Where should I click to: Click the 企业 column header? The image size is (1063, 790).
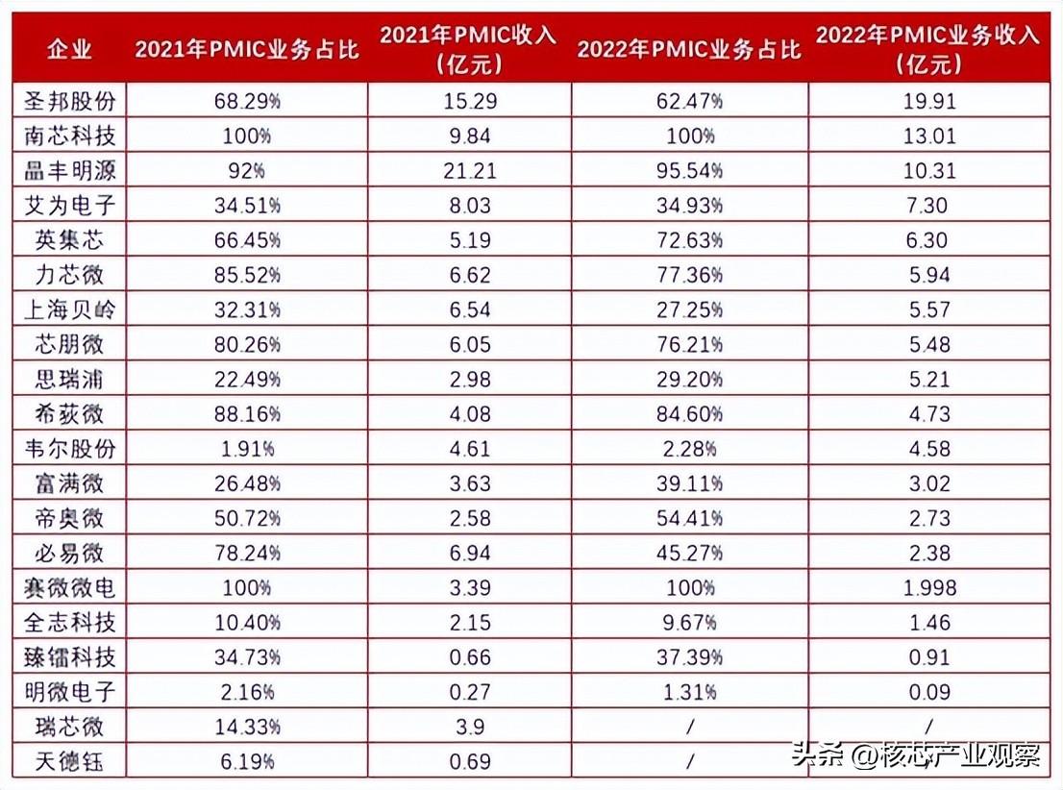click(x=68, y=49)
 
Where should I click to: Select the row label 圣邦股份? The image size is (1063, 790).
click(x=69, y=100)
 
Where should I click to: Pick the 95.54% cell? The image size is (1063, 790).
click(x=689, y=170)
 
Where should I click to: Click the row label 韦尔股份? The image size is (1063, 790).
click(x=69, y=449)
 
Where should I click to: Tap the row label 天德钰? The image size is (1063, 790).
click(x=69, y=763)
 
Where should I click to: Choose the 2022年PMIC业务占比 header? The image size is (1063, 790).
click(x=689, y=49)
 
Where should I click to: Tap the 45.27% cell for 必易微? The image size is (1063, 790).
click(x=689, y=554)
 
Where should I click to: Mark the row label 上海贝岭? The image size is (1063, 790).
click(x=69, y=309)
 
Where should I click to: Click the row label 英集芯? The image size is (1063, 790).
click(x=69, y=240)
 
